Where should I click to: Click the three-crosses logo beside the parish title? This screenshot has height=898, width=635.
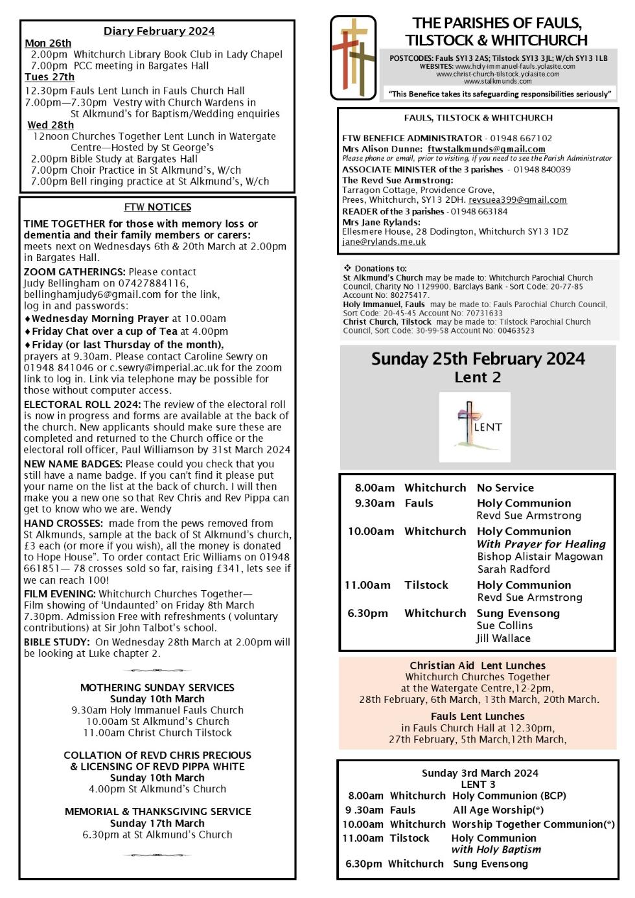(x=352, y=57)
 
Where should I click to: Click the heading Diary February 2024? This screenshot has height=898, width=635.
(x=159, y=31)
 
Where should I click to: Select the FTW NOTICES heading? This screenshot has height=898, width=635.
(x=157, y=207)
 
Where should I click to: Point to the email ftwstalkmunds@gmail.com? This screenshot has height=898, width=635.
(x=486, y=149)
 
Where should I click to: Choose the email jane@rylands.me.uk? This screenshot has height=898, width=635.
(x=384, y=242)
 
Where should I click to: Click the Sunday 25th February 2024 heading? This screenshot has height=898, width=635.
(x=478, y=359)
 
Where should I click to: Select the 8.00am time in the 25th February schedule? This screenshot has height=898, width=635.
(x=374, y=488)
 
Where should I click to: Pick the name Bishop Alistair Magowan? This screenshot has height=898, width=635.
(x=540, y=557)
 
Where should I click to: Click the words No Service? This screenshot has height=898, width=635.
(x=505, y=488)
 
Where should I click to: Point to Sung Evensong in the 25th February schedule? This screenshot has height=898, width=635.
(x=518, y=613)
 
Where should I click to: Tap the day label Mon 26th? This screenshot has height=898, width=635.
(x=48, y=43)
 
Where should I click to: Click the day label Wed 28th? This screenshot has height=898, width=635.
(x=51, y=125)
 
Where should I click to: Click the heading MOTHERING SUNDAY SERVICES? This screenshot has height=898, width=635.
(x=157, y=687)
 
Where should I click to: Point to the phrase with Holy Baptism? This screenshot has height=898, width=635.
(x=496, y=849)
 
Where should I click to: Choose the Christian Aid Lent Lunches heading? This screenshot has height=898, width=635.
(x=478, y=665)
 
